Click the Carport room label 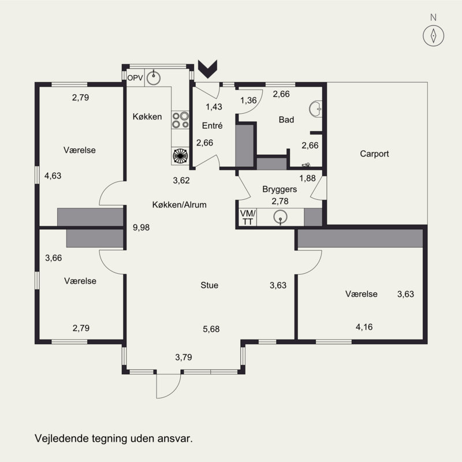click(374, 154)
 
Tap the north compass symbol click(433, 36)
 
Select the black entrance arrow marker click(208, 69)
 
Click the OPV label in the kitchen click(135, 78)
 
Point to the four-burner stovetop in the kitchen click(180, 120)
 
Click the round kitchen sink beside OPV click(154, 78)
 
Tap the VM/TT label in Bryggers click(248, 217)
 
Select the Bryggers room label click(280, 189)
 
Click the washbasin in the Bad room click(315, 109)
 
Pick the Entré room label click(212, 125)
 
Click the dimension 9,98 click(141, 228)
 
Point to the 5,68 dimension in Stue click(211, 329)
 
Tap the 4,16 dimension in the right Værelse click(364, 327)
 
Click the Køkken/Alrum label click(179, 204)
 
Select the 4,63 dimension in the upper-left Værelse click(53, 176)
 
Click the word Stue click(209, 285)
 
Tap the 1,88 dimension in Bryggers click(307, 178)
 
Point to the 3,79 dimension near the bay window click(184, 357)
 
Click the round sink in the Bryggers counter click(280, 218)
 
